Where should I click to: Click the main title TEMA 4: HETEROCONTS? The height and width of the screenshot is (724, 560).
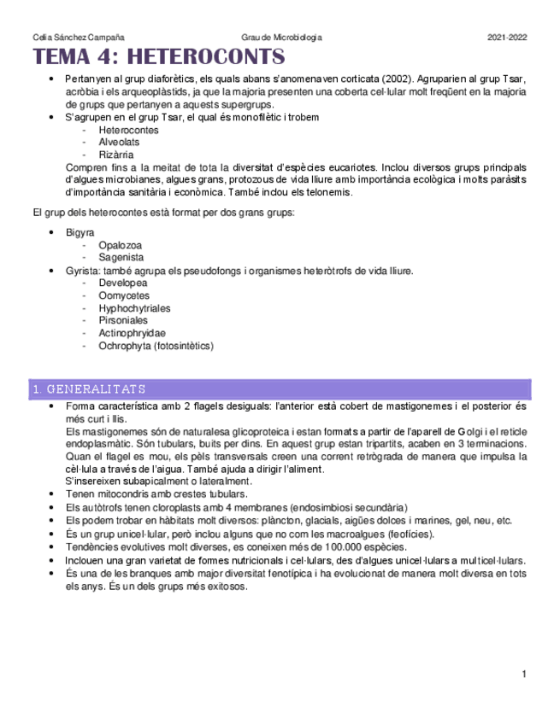click(x=158, y=57)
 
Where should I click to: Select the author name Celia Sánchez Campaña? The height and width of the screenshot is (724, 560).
click(x=77, y=38)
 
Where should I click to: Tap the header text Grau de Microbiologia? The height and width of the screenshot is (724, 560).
click(x=281, y=38)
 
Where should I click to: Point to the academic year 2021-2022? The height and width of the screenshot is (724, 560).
click(x=507, y=38)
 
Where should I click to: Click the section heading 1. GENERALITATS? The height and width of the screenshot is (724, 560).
click(x=88, y=389)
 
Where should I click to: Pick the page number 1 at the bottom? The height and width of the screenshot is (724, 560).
click(x=523, y=675)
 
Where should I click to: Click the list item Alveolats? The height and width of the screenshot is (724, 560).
click(x=119, y=143)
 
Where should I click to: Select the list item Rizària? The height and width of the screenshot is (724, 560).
click(x=116, y=155)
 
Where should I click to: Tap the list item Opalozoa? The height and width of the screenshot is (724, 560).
click(x=121, y=245)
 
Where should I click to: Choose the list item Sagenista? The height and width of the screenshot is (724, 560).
click(x=121, y=257)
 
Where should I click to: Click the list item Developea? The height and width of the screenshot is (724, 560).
click(x=122, y=283)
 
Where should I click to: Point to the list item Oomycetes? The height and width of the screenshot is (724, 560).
click(x=123, y=295)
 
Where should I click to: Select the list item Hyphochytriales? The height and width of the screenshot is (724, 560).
click(x=134, y=308)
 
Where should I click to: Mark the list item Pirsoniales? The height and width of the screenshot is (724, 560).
click(x=123, y=320)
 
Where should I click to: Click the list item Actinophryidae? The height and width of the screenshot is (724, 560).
click(x=132, y=333)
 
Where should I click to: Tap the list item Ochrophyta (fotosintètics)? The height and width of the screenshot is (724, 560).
click(x=156, y=346)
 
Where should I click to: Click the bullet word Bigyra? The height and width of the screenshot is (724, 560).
click(x=80, y=232)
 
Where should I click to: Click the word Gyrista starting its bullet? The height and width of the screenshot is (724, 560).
click(x=81, y=271)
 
